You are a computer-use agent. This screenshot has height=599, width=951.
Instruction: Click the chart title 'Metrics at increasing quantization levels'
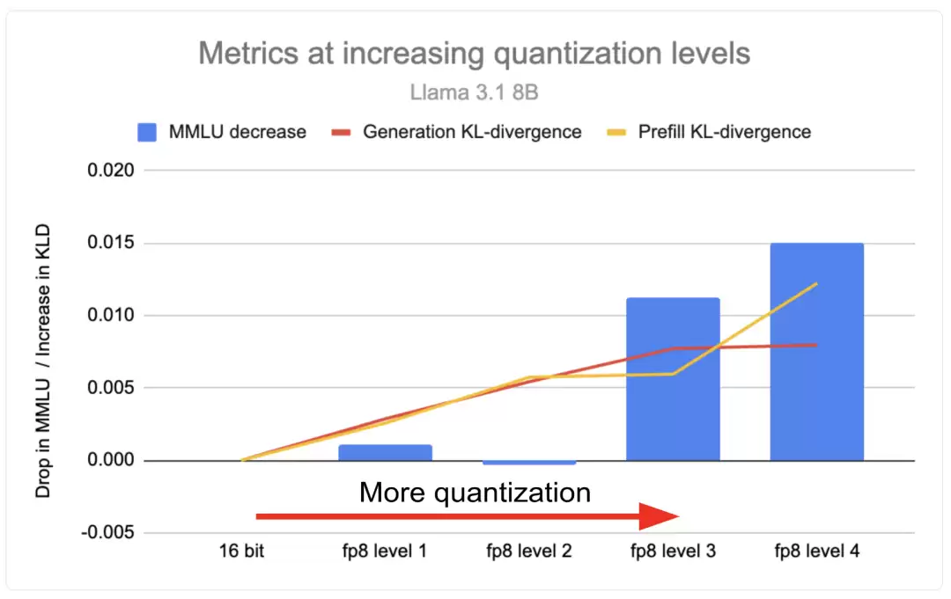475,54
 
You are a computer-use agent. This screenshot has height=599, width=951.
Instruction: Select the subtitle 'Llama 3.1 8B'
475,92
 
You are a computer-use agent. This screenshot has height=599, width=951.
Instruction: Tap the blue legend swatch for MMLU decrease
147,132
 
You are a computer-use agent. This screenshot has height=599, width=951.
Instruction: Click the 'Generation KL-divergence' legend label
472,132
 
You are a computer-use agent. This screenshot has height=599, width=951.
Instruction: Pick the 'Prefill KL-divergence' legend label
724,132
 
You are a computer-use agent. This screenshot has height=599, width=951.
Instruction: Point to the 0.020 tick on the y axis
110,170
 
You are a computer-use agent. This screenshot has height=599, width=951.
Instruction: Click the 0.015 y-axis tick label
110,243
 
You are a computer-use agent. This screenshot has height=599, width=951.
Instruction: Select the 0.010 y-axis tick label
110,315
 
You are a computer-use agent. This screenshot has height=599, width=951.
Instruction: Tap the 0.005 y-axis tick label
110,388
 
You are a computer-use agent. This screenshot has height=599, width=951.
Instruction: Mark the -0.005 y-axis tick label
107,532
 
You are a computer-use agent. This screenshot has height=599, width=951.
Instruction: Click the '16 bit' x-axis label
241,552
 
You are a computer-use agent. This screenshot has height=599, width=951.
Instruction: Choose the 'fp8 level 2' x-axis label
529,552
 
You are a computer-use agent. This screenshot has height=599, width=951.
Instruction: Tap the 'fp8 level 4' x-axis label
817,552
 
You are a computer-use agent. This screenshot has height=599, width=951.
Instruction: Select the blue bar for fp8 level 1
385,452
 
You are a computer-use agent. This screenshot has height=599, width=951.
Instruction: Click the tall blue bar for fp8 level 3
674,379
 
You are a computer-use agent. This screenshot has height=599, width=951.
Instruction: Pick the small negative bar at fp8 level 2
529,463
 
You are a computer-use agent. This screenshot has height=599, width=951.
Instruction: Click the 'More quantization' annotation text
475,493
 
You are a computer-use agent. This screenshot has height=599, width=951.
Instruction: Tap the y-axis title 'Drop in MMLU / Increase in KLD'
42,361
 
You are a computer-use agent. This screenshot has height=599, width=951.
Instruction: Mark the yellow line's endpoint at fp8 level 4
817,283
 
